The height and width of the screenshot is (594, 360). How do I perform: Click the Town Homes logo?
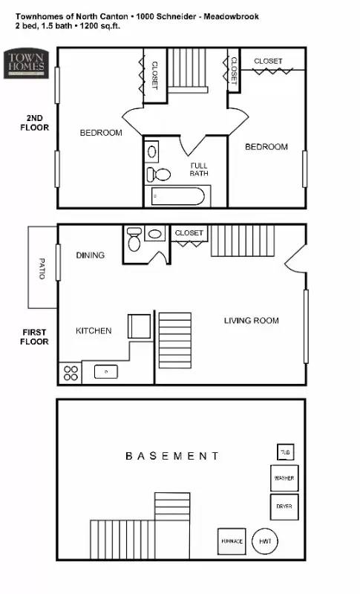click(26, 62)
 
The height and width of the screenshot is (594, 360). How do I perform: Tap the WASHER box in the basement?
click(284, 478)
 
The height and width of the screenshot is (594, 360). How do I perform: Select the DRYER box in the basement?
click(284, 506)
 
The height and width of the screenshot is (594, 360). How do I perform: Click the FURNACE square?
click(231, 541)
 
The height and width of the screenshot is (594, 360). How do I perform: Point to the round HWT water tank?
click(266, 542)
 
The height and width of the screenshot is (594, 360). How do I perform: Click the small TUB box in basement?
click(284, 452)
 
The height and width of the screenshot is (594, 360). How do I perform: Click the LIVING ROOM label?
click(251, 321)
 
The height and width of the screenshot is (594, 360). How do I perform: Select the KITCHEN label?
click(94, 330)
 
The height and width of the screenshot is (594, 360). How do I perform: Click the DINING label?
click(90, 255)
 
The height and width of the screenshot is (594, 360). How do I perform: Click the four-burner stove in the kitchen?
click(71, 373)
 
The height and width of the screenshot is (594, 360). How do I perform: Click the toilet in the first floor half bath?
click(134, 241)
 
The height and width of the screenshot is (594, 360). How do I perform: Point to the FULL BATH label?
click(199, 169)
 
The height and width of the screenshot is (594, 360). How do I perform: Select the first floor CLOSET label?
click(189, 233)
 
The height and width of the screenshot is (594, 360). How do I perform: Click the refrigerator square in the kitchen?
click(140, 327)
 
